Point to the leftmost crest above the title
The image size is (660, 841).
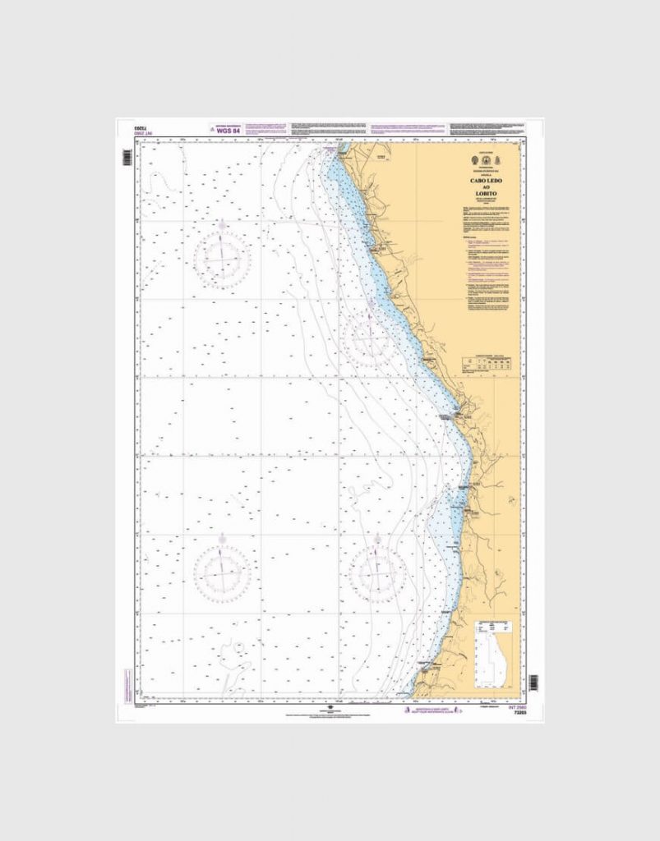tap(476, 163)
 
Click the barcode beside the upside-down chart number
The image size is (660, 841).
tap(127, 157)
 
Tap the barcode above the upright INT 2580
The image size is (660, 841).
tap(533, 682)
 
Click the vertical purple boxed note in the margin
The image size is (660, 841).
tap(127, 681)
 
